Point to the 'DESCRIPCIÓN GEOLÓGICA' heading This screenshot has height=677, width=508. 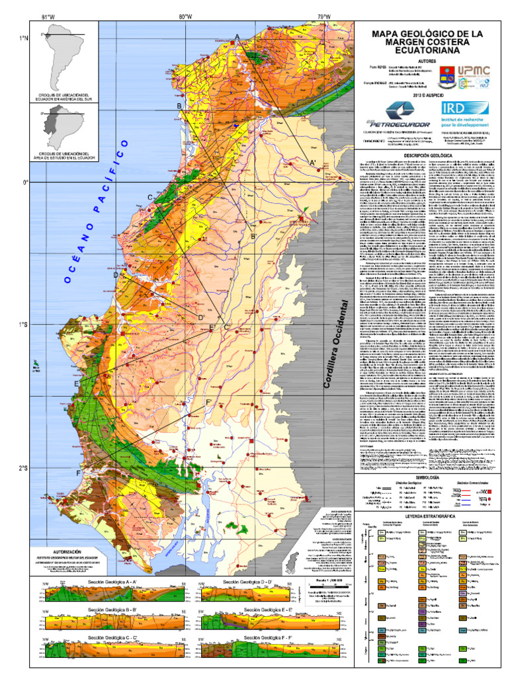[x=427, y=155]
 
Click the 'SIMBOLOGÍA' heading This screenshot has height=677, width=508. [x=427, y=477]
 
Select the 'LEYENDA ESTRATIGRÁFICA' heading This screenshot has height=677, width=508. [x=427, y=514]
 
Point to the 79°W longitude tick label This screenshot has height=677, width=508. [x=323, y=17]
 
